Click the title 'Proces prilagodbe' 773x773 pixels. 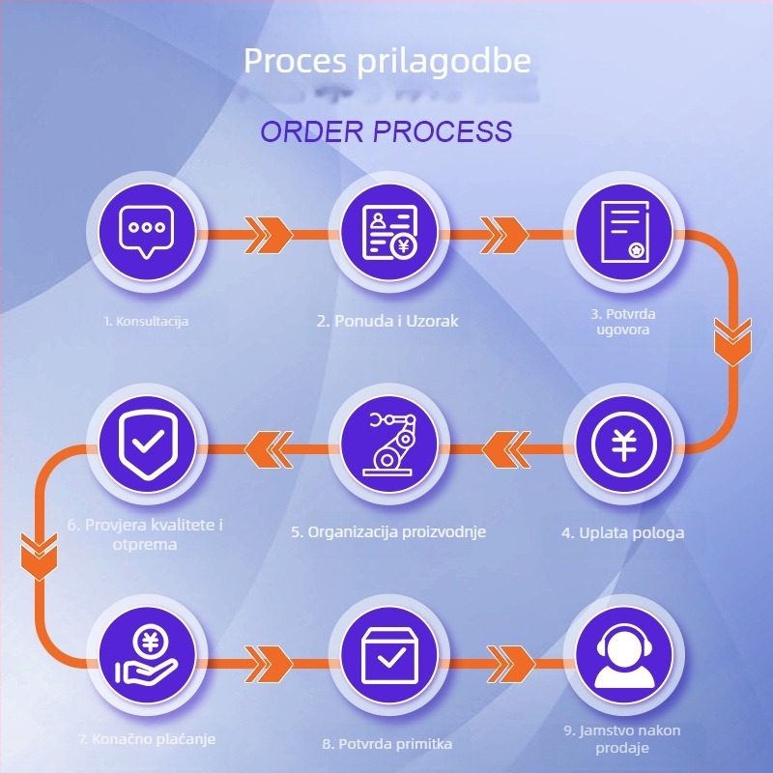(x=386, y=61)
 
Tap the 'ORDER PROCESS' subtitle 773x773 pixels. (x=386, y=131)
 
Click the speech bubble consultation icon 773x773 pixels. (x=147, y=233)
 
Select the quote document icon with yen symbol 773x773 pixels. (x=387, y=233)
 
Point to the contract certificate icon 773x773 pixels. (x=624, y=233)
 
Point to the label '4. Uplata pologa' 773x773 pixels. (x=624, y=532)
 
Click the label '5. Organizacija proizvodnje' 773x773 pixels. (x=388, y=531)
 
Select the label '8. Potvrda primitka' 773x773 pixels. (x=387, y=744)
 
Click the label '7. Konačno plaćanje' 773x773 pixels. (x=147, y=739)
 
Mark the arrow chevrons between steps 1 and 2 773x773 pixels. (x=269, y=233)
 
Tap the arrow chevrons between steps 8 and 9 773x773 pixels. (x=508, y=661)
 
